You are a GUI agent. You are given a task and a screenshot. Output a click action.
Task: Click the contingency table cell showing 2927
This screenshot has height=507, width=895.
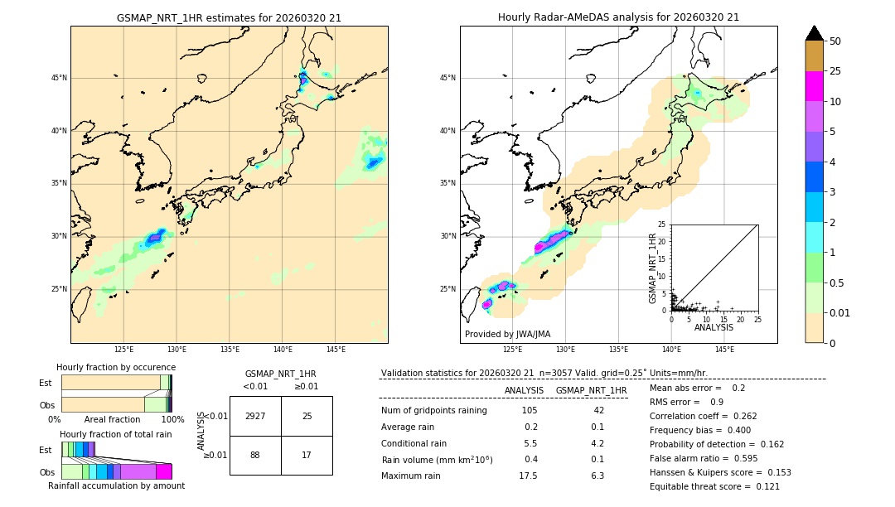[x=255, y=416]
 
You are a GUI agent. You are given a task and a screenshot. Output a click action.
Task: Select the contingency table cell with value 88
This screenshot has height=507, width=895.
[x=255, y=455]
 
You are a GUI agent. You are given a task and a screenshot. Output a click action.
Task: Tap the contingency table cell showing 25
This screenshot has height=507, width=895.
[x=307, y=416]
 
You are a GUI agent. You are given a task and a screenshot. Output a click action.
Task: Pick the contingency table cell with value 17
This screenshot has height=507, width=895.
[x=307, y=455]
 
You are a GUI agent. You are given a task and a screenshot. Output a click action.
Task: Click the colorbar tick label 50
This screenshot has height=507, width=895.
[x=835, y=41]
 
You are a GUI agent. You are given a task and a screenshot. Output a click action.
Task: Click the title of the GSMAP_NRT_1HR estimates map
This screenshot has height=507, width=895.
[x=229, y=17]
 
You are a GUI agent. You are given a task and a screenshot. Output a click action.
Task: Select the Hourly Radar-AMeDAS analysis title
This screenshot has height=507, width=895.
[x=618, y=17]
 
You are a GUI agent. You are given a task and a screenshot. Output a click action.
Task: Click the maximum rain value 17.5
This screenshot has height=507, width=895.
[x=528, y=476]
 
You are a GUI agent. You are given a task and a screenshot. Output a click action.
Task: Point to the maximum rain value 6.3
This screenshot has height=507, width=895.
[x=597, y=476]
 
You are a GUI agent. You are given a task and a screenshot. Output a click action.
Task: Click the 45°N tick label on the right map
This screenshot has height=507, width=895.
[x=447, y=78]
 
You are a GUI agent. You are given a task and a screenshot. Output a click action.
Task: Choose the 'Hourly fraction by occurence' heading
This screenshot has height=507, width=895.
[x=116, y=367]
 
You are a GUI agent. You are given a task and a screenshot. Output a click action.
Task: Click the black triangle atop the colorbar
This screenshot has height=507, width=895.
[x=815, y=33]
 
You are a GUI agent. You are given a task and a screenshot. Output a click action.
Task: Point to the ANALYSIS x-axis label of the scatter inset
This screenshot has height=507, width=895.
[x=714, y=327]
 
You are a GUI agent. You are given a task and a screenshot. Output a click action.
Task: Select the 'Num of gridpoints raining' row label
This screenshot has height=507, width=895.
[x=434, y=410]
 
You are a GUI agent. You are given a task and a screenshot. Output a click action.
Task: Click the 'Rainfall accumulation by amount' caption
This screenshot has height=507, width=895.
[x=116, y=486]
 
